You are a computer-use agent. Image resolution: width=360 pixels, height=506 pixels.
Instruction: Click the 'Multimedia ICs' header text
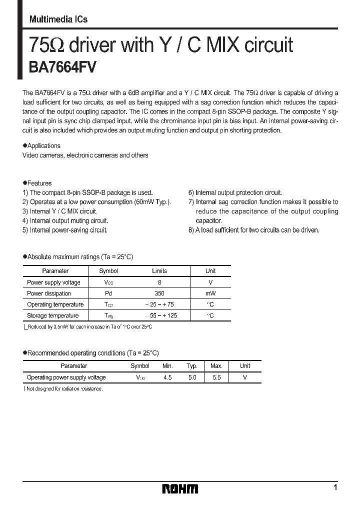[x=58, y=19]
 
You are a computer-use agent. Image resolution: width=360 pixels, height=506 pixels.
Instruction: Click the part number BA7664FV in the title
[x=60, y=67]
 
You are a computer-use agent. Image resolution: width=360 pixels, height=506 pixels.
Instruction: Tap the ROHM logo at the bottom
[x=180, y=488]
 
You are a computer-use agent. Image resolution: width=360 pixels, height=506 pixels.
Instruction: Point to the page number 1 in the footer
[x=335, y=487]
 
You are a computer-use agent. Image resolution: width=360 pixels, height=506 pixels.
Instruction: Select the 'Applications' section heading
[x=43, y=146]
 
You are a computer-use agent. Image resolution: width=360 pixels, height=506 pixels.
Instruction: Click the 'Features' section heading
[x=39, y=183]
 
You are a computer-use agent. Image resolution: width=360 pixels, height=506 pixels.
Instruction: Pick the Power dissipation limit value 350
[x=159, y=293]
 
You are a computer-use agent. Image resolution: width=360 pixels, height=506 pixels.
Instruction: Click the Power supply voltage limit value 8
[x=159, y=282]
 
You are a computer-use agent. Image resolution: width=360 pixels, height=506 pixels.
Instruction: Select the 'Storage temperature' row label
[x=52, y=315]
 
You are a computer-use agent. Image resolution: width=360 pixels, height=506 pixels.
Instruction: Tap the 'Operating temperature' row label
[x=55, y=304]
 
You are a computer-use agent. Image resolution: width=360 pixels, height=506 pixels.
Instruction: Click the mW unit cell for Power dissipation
[x=210, y=293]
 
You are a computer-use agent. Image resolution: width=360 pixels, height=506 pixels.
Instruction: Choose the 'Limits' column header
[x=159, y=271]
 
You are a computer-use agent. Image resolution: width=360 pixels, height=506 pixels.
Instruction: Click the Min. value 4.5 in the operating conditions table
[x=167, y=377]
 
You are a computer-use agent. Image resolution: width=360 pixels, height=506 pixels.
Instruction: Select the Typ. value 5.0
[x=192, y=377]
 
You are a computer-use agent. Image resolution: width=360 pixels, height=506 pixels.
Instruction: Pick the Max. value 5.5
[x=216, y=377]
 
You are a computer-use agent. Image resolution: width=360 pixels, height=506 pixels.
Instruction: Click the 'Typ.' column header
[x=192, y=366]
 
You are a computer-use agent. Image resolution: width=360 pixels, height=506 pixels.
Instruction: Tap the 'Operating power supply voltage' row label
[x=66, y=377]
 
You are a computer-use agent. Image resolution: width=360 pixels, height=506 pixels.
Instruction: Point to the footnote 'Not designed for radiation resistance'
[x=64, y=388]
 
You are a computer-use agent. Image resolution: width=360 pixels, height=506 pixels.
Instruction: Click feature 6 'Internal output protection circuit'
[x=235, y=192]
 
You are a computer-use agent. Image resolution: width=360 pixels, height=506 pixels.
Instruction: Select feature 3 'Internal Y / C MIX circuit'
[x=63, y=211]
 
